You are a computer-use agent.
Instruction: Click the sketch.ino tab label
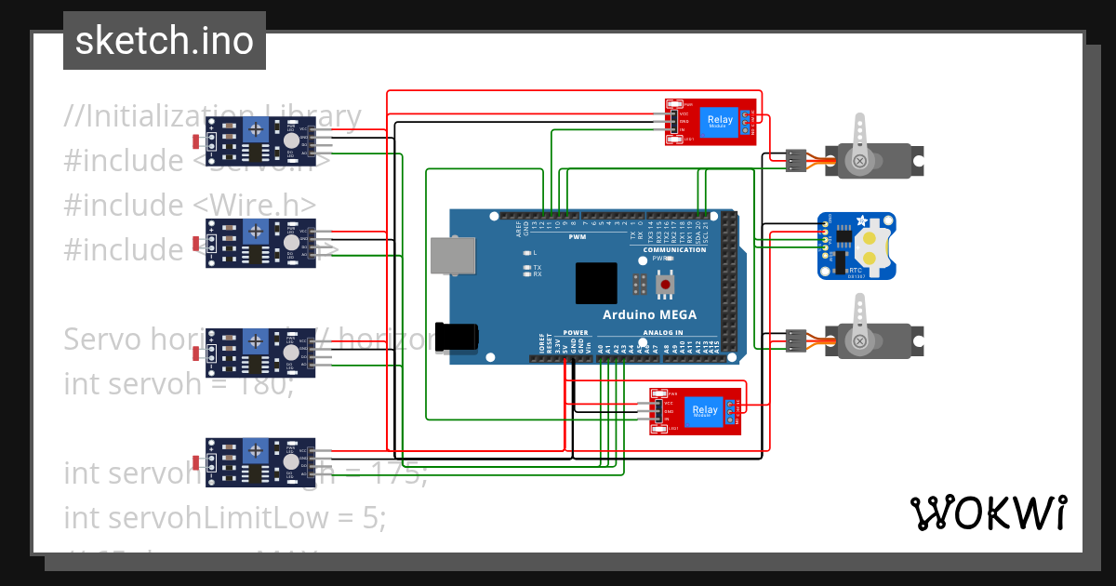165,41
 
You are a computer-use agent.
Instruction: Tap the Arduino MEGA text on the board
649,314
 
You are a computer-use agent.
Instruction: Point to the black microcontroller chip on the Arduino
596,283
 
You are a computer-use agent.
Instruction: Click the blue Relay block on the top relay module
719,121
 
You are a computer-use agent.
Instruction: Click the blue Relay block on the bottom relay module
704,411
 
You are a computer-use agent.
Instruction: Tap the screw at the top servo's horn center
860,161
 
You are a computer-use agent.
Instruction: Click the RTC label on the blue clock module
855,270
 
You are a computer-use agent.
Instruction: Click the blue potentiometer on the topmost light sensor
256,128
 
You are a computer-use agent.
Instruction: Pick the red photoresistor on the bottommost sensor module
196,462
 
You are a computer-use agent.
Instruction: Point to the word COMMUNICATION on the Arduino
674,250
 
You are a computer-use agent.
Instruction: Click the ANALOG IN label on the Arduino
661,332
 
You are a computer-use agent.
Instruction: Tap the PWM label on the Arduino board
578,237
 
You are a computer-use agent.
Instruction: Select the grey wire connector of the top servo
795,160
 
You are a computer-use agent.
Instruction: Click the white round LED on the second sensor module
291,242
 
